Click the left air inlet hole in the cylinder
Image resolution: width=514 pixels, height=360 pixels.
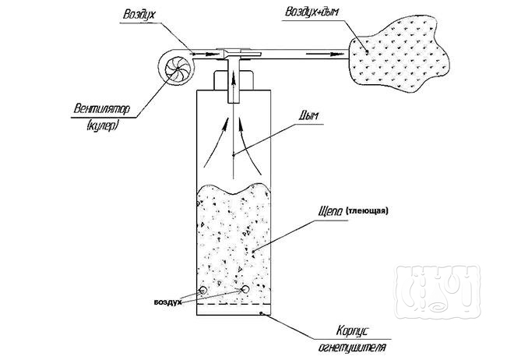[x=203, y=290]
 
